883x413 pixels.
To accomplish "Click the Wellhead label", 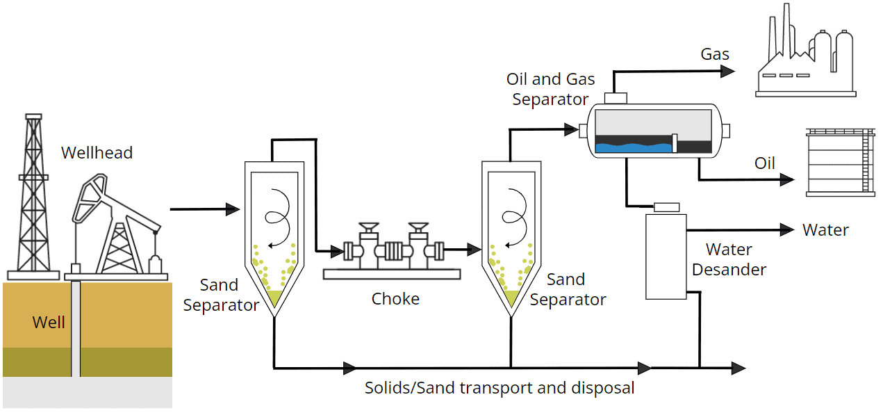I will pyautogui.click(x=97, y=153).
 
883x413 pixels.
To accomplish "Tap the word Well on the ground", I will pyautogui.click(x=49, y=322).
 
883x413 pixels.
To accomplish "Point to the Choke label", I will pyautogui.click(x=395, y=299).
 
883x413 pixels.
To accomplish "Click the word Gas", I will pyautogui.click(x=715, y=54).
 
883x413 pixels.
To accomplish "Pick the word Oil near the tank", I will pyautogui.click(x=765, y=163).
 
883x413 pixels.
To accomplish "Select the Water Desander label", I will pyautogui.click(x=729, y=259).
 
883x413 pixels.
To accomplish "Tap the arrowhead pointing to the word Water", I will pyautogui.click(x=787, y=229).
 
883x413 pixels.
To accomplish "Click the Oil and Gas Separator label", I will pyautogui.click(x=551, y=89).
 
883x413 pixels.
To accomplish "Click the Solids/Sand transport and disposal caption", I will pyautogui.click(x=500, y=388).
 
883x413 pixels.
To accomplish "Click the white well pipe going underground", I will pyautogui.click(x=76, y=327).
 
